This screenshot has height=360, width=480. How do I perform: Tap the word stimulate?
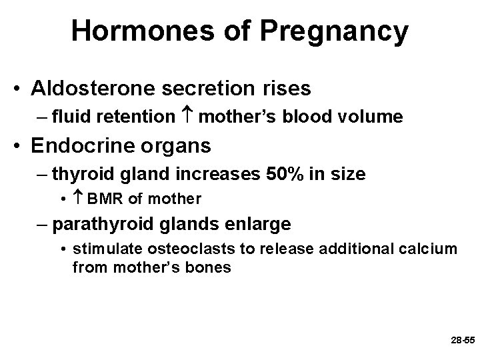pyautogui.click(x=99, y=249)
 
